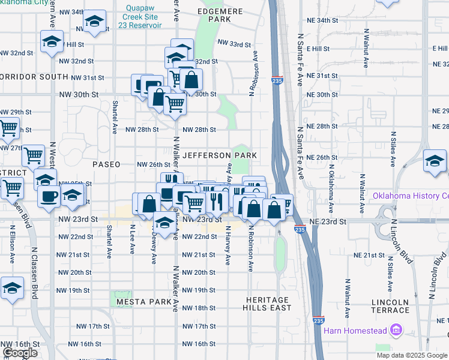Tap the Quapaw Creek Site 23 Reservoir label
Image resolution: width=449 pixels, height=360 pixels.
[143, 17]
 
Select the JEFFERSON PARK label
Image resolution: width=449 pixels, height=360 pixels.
[220, 155]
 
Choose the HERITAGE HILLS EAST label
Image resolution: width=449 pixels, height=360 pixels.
[267, 304]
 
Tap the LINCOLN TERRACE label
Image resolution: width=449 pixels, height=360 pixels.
[390, 306]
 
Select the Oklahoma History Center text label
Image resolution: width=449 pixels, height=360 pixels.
[411, 196]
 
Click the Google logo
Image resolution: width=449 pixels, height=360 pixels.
[20, 353]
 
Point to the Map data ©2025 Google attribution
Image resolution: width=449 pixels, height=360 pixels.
[412, 355]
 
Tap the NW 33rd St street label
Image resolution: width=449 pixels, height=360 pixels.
[234, 44]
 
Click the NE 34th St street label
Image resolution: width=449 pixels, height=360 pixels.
[322, 20]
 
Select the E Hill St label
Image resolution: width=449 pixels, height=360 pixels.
[318, 48]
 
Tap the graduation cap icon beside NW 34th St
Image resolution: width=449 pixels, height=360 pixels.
[94, 22]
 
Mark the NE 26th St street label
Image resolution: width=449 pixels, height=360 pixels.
[322, 157]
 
